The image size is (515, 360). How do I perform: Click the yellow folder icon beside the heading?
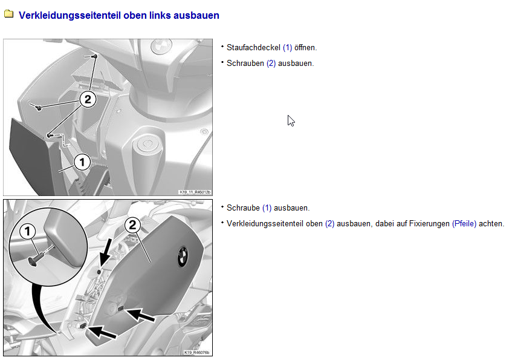point(8,14)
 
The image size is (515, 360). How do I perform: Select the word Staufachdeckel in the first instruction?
point(253,48)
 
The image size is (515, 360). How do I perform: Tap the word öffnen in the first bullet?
point(305,48)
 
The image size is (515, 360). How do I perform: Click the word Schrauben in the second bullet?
point(245,64)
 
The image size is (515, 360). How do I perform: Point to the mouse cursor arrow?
point(291,120)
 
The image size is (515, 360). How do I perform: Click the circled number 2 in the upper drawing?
point(88,99)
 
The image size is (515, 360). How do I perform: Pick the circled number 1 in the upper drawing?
point(82,162)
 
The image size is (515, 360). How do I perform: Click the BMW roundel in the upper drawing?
point(161,46)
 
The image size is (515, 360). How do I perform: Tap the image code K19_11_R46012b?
point(195,192)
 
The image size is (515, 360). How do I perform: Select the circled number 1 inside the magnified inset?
point(28,231)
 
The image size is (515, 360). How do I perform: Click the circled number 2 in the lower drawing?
point(132,225)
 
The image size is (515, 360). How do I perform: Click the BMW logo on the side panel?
point(183,256)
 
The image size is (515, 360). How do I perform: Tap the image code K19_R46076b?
point(196,353)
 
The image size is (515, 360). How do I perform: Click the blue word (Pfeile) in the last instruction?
point(464,224)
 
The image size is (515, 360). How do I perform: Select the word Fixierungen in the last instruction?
point(429,224)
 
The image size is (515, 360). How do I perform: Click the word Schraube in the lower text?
point(243,208)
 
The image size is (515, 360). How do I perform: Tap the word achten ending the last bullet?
point(491,224)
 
